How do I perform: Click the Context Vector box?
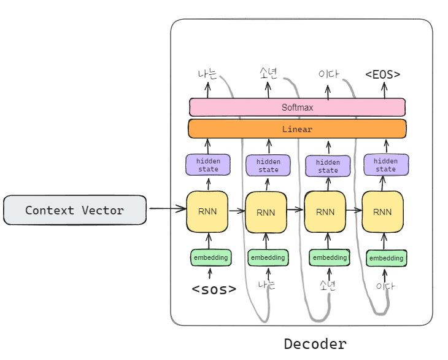(x=75, y=210)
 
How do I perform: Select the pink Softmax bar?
(x=297, y=108)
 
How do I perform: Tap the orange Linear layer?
(x=297, y=129)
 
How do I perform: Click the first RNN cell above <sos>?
(x=208, y=211)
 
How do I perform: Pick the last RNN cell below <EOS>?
(x=383, y=212)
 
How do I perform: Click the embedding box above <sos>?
(x=210, y=257)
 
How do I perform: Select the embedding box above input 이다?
(x=387, y=258)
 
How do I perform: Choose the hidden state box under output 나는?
(x=208, y=165)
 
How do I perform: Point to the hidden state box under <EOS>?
(x=386, y=165)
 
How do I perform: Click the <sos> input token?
(x=214, y=289)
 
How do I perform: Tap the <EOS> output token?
(x=383, y=74)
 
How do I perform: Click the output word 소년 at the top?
(x=268, y=74)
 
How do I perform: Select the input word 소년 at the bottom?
(x=328, y=285)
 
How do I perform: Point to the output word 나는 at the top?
(x=207, y=75)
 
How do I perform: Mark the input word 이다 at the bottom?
(x=386, y=286)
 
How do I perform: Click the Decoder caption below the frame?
(x=315, y=343)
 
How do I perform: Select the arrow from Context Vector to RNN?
(x=167, y=209)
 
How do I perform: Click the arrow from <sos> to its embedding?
(x=210, y=273)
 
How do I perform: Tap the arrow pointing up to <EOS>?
(x=385, y=90)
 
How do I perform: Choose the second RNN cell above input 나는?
(x=266, y=213)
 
